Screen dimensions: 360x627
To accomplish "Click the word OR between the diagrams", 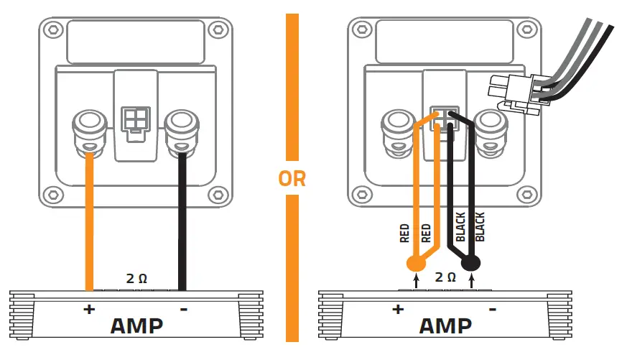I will pyautogui.click(x=292, y=178).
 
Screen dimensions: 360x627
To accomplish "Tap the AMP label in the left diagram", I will pyautogui.click(x=136, y=326).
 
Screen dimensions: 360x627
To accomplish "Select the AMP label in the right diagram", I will pyautogui.click(x=445, y=326).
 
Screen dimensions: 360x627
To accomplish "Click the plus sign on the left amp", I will pyautogui.click(x=89, y=310).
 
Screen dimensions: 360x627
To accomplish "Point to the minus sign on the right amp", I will pyautogui.click(x=493, y=310).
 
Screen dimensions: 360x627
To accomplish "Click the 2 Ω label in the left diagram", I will pyautogui.click(x=136, y=278).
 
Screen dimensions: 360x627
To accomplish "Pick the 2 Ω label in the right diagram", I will pyautogui.click(x=445, y=277).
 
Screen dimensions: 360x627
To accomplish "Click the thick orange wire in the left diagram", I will pyautogui.click(x=89, y=216).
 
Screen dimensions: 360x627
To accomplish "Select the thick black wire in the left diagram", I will pyautogui.click(x=183, y=216).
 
